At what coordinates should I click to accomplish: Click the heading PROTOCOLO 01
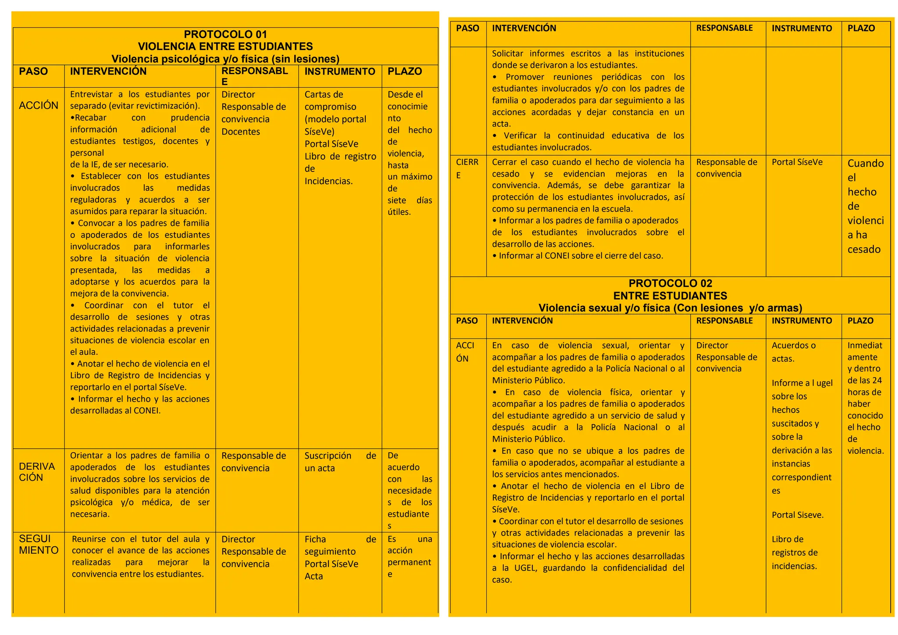pyautogui.click(x=225, y=34)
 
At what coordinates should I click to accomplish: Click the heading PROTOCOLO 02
pyautogui.click(x=670, y=283)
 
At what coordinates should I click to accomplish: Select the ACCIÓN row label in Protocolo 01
pyautogui.click(x=39, y=105)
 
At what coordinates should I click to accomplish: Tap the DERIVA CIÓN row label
pyautogui.click(x=37, y=472)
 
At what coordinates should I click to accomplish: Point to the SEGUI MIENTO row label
pyautogui.click(x=39, y=544)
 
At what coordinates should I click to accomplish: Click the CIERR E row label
pyautogui.click(x=467, y=168)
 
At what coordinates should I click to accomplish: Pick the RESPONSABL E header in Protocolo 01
pyautogui.click(x=254, y=76)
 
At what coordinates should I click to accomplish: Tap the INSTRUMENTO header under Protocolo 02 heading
pyautogui.click(x=802, y=321)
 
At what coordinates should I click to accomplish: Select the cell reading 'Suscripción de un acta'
pyautogui.click(x=340, y=462)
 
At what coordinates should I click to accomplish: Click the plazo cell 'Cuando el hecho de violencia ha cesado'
pyautogui.click(x=865, y=206)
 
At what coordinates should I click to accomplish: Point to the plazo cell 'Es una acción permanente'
pyautogui.click(x=410, y=556)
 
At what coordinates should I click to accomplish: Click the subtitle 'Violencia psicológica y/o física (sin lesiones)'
pyautogui.click(x=225, y=59)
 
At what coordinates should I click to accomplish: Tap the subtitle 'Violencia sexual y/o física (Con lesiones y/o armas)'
pyautogui.click(x=670, y=308)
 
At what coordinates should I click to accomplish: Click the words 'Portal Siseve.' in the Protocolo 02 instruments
pyautogui.click(x=798, y=515)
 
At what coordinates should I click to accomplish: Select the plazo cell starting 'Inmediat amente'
pyautogui.click(x=865, y=398)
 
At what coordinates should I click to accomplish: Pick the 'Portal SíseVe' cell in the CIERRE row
pyautogui.click(x=797, y=162)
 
